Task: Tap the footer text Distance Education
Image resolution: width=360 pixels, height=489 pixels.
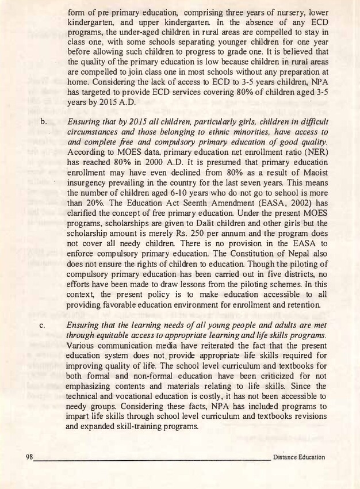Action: click(x=299, y=458)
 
